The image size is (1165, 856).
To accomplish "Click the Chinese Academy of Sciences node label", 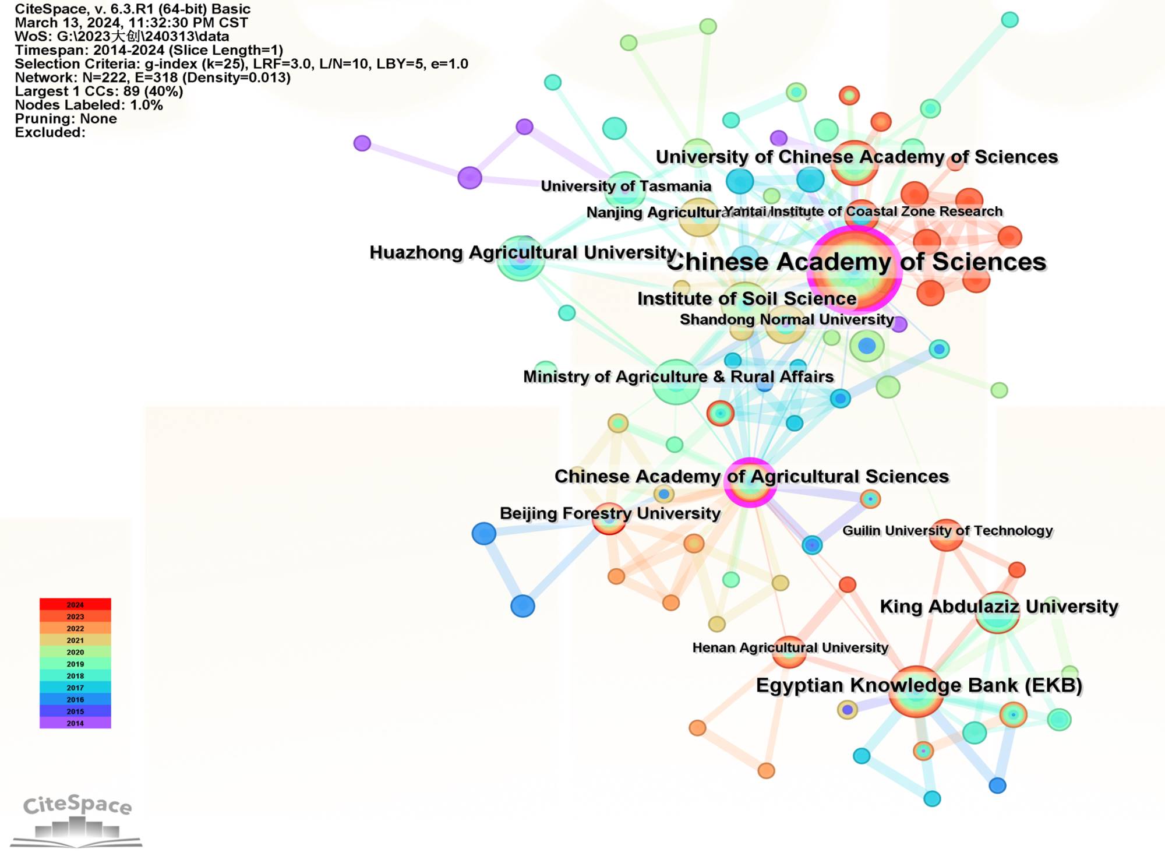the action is (x=856, y=262).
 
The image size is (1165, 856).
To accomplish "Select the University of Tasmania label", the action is (x=626, y=186).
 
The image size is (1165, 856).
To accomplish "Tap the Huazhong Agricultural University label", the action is (x=523, y=252).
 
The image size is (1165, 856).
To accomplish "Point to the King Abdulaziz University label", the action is (x=998, y=606).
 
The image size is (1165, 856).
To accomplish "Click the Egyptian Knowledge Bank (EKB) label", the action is (x=919, y=685).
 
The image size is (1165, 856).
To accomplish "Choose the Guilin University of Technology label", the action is (x=947, y=530).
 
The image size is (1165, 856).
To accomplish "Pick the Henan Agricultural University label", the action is (x=790, y=647).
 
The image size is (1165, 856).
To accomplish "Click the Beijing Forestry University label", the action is (x=610, y=513).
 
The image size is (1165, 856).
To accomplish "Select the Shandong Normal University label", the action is (x=786, y=319).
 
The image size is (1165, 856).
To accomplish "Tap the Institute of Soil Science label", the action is (x=747, y=298).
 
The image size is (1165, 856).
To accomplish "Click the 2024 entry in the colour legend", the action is (x=75, y=604).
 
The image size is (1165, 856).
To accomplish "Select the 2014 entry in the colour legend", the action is (x=75, y=723).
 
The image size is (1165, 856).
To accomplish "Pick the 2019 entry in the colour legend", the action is (x=75, y=664).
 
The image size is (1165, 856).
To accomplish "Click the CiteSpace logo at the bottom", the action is (x=76, y=819).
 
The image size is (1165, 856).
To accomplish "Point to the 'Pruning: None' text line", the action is (x=66, y=119).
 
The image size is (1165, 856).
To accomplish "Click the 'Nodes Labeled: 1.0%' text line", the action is (x=89, y=105).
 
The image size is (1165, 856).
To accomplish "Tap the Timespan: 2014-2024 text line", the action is (x=149, y=50).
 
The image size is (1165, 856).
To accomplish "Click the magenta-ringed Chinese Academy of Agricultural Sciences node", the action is (x=750, y=483).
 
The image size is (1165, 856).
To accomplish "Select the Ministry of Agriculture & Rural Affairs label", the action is (x=678, y=376).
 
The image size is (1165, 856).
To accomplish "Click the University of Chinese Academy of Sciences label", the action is (x=856, y=157).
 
